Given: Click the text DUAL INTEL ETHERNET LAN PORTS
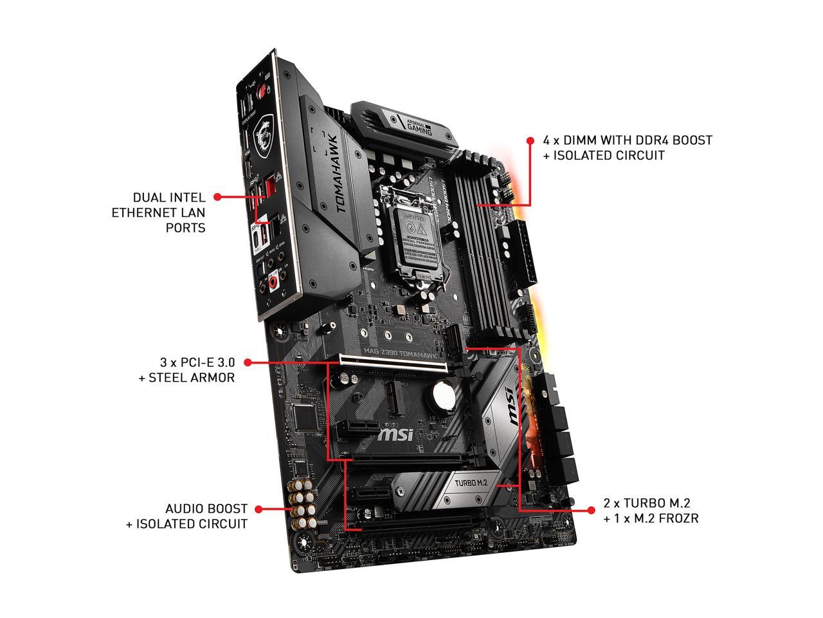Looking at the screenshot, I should [168, 212].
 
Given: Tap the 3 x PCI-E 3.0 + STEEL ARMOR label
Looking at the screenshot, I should [186, 370].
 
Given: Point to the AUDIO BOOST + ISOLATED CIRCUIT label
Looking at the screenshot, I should [186, 516].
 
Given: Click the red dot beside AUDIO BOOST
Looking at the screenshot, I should [259, 509].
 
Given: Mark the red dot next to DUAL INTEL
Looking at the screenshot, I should [217, 196].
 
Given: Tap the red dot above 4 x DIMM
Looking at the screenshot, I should [530, 140].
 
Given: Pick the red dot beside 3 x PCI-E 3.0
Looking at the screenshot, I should [248, 362].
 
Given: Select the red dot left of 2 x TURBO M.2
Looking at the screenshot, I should [591, 510].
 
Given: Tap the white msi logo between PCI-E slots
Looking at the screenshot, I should [394, 436].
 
